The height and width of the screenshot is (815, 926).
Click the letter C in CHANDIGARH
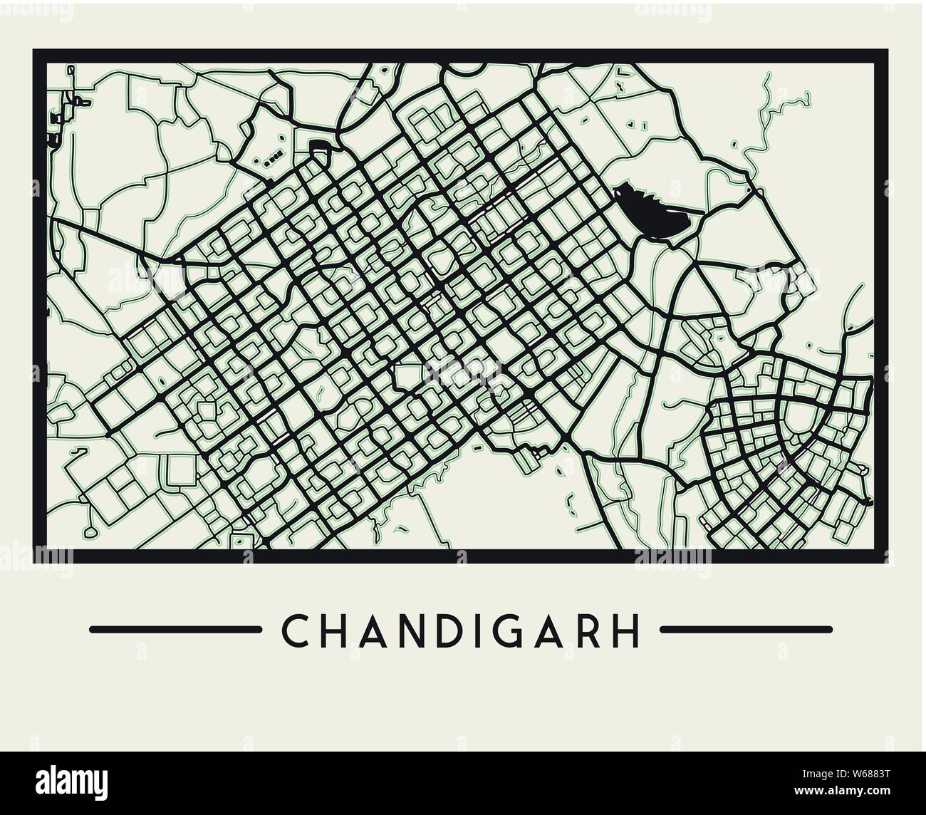pos(294,630)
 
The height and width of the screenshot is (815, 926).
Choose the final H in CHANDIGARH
pos(627,630)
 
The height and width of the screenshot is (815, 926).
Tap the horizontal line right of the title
pos(746,629)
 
